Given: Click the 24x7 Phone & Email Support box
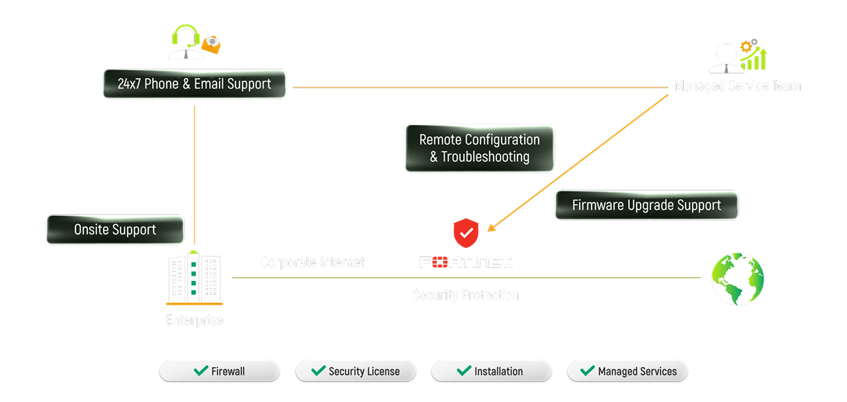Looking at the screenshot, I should point(194,84).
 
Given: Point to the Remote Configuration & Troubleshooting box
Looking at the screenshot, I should point(479,148).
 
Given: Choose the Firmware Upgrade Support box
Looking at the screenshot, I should point(646,205).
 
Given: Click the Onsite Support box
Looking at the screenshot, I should point(114,229).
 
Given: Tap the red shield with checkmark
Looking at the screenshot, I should point(466,233).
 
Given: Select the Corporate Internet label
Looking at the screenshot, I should point(312,262).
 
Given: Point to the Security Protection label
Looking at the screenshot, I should point(466,295).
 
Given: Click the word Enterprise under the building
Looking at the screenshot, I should point(194,321).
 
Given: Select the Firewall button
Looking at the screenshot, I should point(219,371).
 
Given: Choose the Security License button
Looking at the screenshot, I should point(355,371).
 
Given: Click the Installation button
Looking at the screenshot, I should point(491,371).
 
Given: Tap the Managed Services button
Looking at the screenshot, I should point(627,371).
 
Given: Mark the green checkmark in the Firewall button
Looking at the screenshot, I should point(201,370).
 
